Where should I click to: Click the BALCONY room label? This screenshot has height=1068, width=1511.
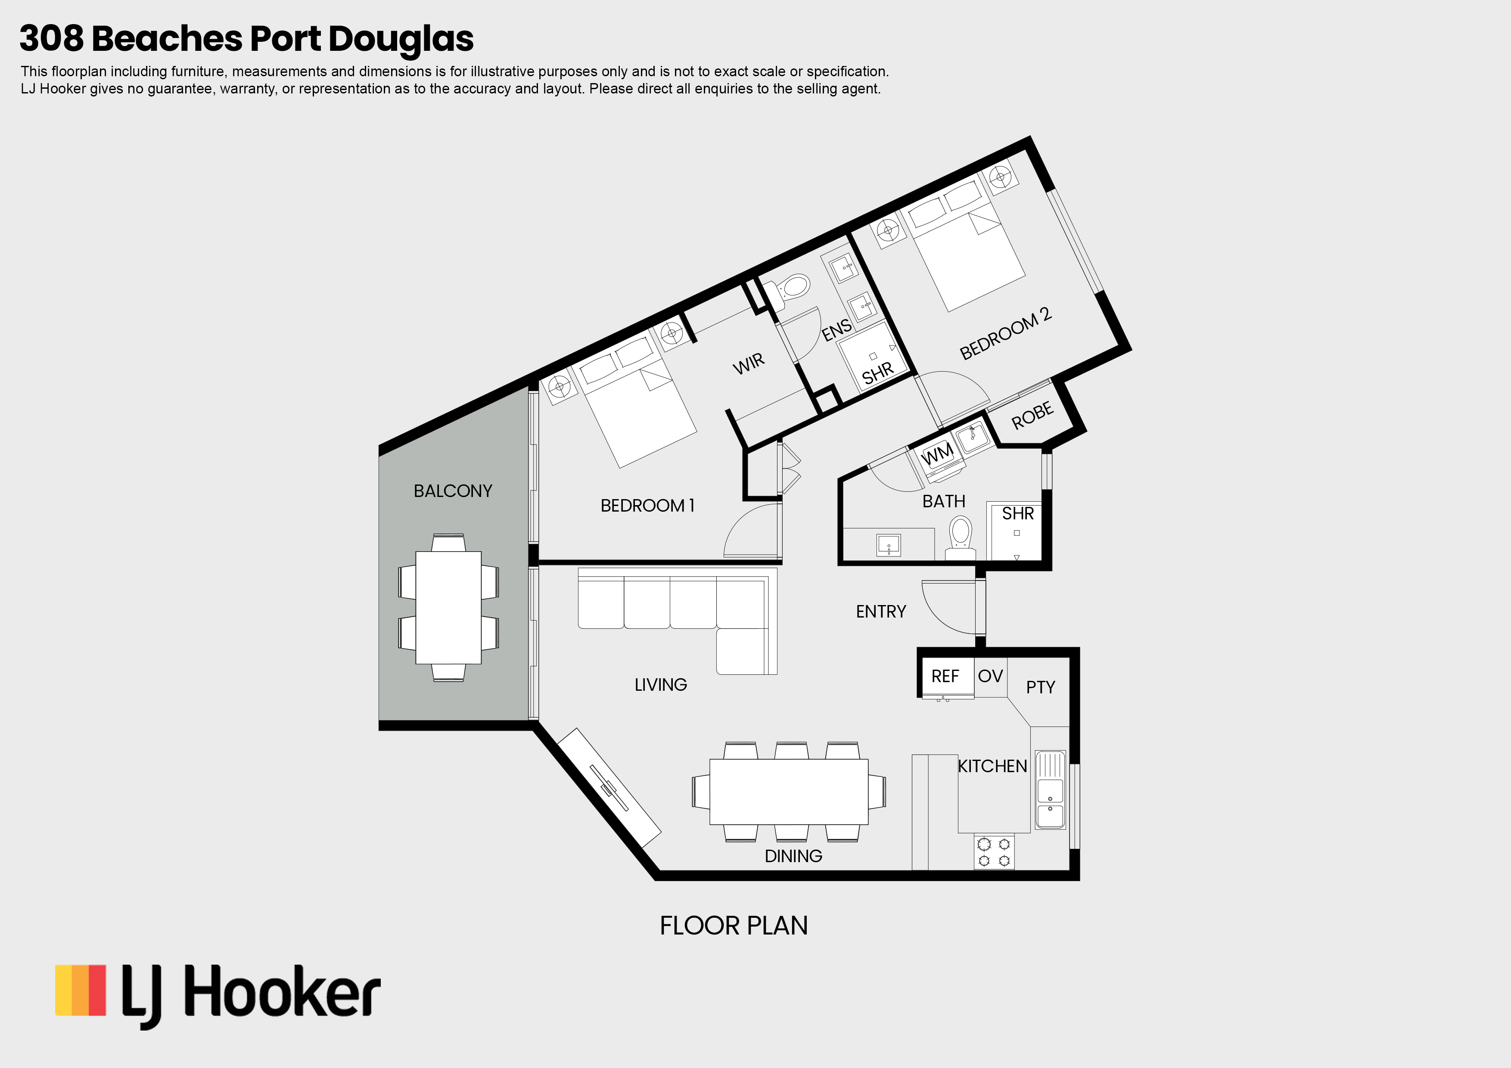click(453, 491)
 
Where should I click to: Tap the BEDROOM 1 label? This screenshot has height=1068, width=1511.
click(647, 506)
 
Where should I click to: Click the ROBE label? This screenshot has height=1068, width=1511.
click(1032, 415)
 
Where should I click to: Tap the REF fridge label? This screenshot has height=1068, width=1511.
click(945, 677)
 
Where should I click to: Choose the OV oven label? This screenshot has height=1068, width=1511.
click(990, 676)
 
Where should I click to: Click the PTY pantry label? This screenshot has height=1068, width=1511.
click(1041, 688)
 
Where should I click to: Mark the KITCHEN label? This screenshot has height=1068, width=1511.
click(992, 766)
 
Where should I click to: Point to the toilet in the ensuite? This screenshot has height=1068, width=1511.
click(788, 292)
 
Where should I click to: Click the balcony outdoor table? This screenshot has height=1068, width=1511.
click(448, 607)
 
